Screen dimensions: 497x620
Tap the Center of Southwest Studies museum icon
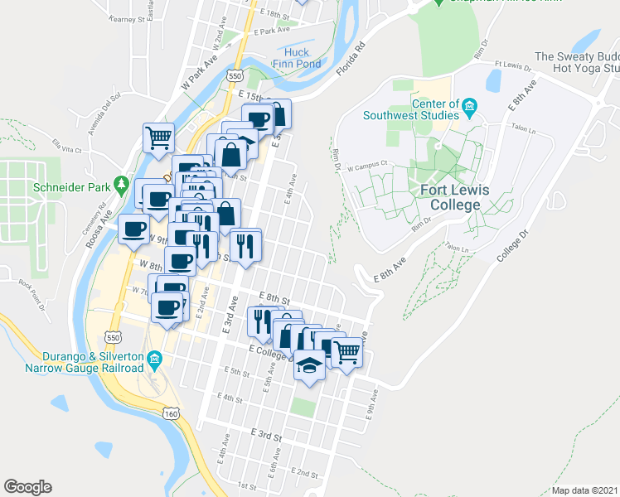(x=470, y=104)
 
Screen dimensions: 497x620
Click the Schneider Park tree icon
(x=122, y=183)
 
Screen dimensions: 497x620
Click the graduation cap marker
(x=309, y=365)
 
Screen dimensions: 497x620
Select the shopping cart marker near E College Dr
(x=347, y=352)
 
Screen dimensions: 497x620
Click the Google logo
(x=27, y=487)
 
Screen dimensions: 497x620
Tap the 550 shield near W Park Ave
(x=235, y=75)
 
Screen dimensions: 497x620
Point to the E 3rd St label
(x=267, y=434)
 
